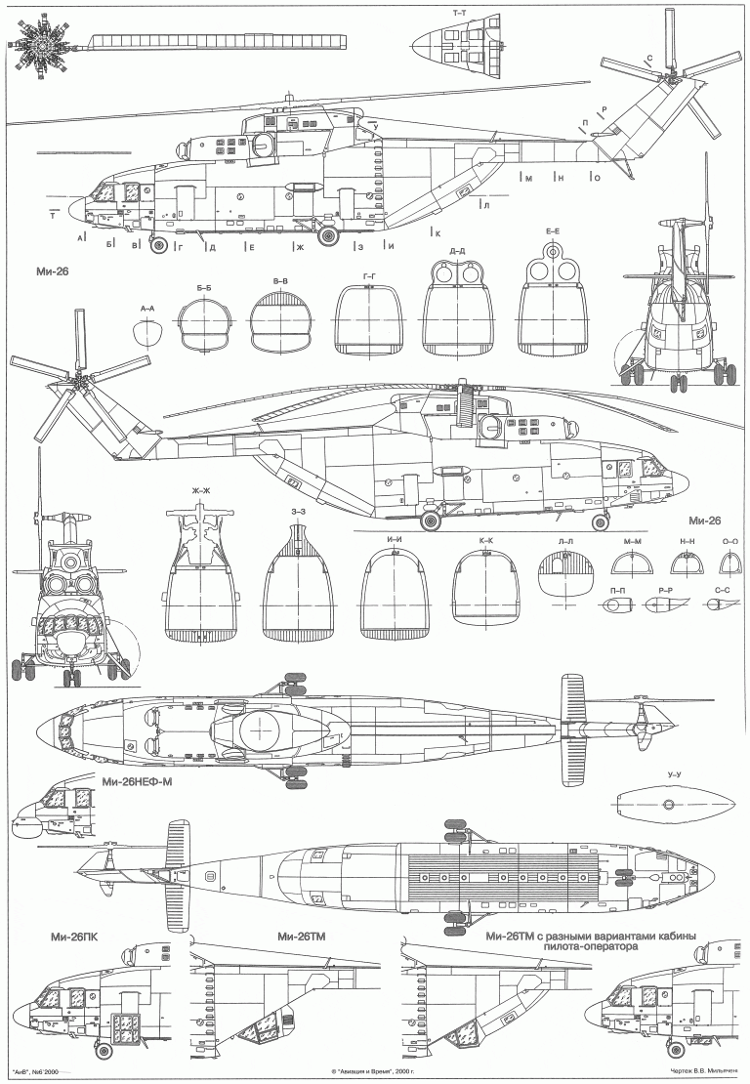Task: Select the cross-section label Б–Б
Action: (204, 288)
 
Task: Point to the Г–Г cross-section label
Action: (369, 277)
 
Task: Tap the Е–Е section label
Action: (553, 230)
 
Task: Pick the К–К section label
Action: (484, 540)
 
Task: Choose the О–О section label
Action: (729, 540)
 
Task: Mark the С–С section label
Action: (724, 590)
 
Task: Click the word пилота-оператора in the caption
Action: (591, 946)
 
